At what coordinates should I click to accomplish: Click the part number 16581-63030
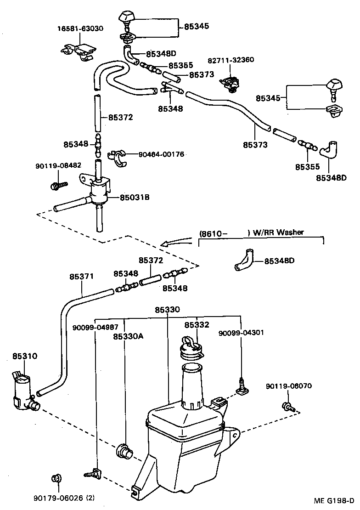pos(80,28)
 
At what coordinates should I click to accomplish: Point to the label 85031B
pos(135,198)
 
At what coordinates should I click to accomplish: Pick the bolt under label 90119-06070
pos(288,406)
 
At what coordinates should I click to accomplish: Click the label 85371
pos(82,277)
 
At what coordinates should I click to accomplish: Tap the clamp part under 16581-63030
pos(79,52)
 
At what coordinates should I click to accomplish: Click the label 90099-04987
pos(95,327)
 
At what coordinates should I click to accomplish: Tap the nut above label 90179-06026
pos(57,479)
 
